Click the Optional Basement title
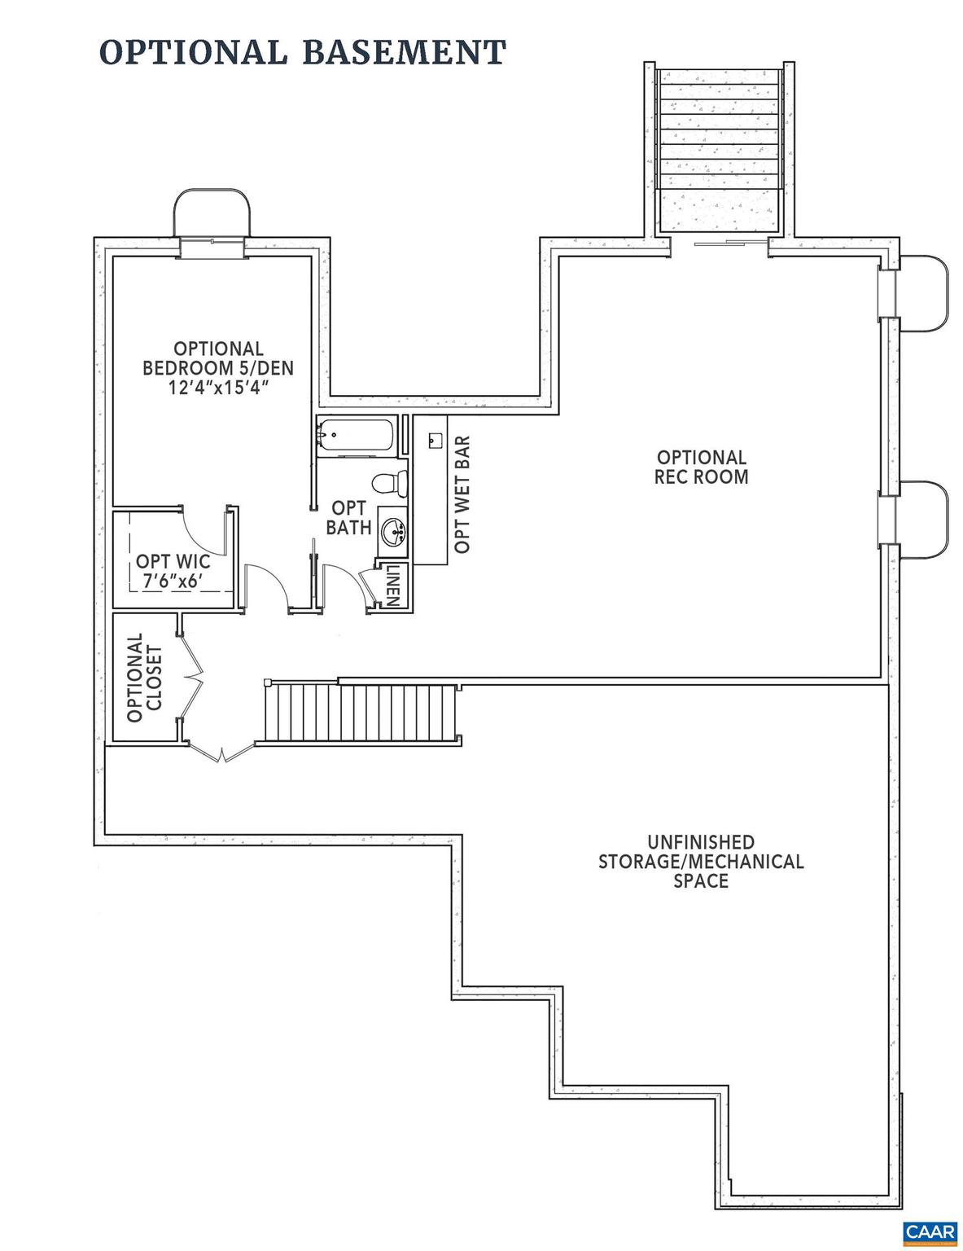[x=302, y=52]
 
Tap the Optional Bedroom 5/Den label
[x=217, y=358]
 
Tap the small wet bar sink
[x=433, y=440]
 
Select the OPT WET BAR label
[x=462, y=494]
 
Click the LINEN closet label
[x=392, y=585]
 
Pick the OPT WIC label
[x=173, y=561]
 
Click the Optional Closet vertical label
[x=145, y=677]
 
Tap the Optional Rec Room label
[x=701, y=467]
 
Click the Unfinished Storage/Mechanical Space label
[x=701, y=861]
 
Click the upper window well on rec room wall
[x=923, y=292]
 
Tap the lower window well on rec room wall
[x=923, y=519]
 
